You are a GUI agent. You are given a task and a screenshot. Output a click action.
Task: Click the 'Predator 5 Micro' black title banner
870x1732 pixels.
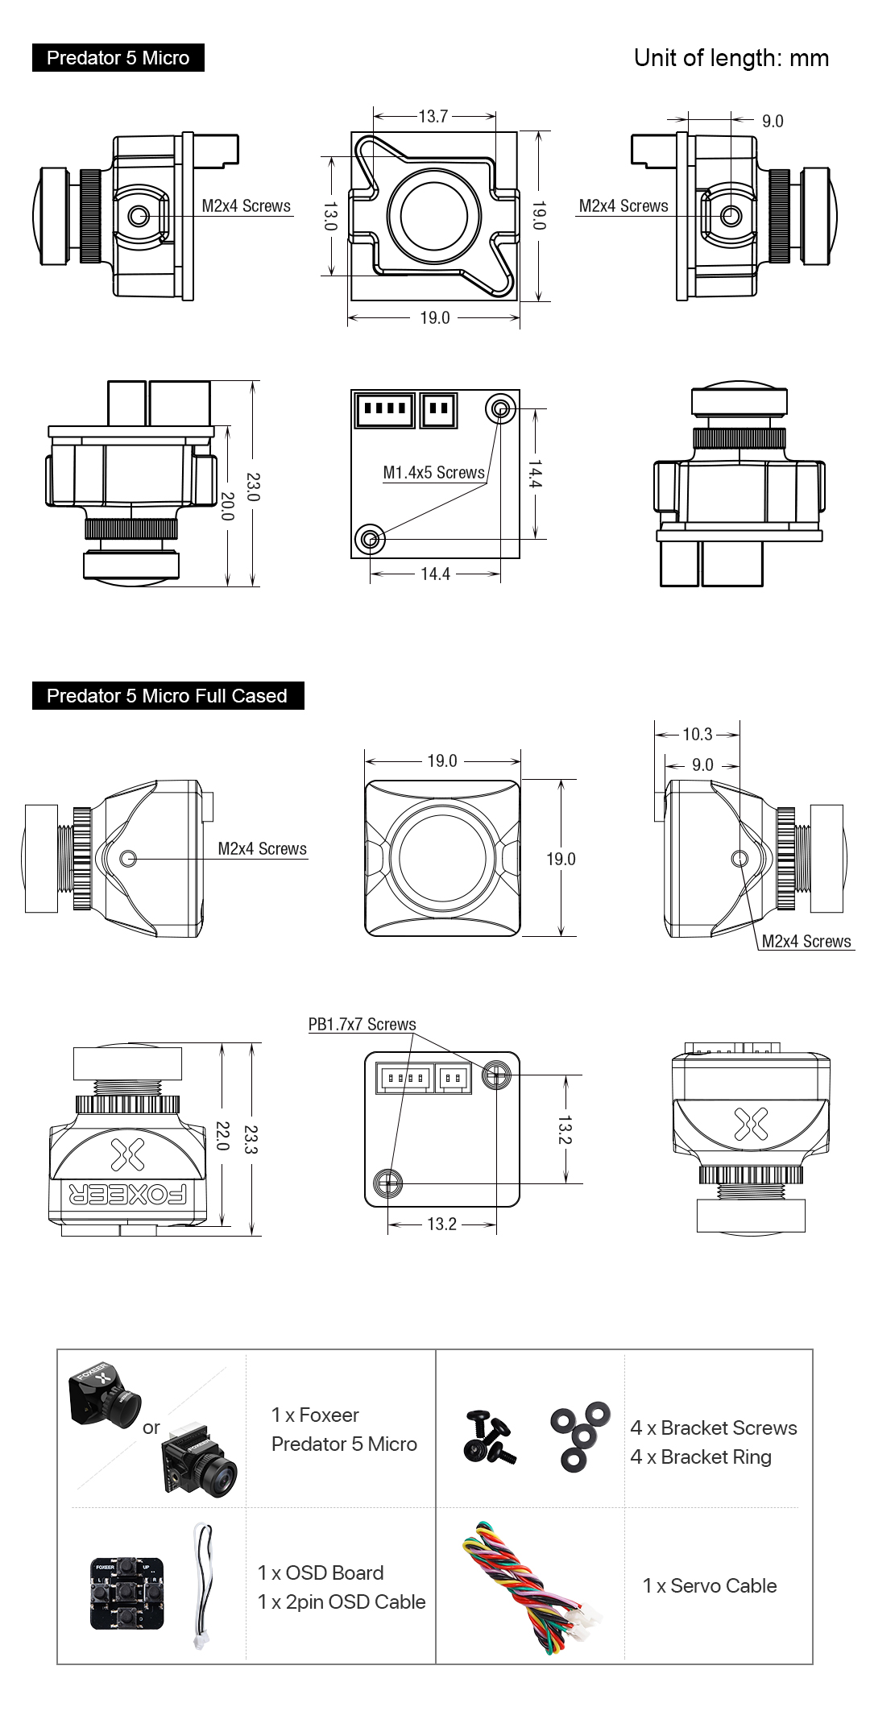pos(118,58)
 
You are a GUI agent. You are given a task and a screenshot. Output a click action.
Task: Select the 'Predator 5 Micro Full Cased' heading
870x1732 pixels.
pos(167,696)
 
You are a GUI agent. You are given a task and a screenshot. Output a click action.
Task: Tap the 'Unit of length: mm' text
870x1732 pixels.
pos(731,58)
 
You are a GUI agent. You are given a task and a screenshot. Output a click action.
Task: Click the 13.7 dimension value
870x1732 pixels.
pos(433,117)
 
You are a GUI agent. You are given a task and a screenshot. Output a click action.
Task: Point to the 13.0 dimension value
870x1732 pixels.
pos(329,216)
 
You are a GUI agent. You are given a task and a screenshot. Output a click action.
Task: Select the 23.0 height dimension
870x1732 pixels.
pos(253,487)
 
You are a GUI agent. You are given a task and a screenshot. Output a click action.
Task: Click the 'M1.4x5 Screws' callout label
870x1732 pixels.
pos(433,473)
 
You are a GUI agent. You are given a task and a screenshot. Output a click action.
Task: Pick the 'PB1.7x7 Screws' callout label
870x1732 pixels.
pos(362,1025)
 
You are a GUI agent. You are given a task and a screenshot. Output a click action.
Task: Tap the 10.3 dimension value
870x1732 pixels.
pos(697,735)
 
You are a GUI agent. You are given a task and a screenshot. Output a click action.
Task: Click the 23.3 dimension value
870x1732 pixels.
pos(251,1139)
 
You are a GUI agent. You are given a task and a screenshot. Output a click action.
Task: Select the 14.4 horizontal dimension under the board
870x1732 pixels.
pos(435,574)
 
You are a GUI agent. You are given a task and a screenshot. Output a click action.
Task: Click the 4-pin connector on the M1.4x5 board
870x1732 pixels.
pos(385,409)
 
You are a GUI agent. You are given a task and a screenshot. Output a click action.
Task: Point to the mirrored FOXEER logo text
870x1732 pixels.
pos(128,1194)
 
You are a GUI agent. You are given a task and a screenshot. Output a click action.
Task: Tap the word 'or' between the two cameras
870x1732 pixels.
pos(151,1428)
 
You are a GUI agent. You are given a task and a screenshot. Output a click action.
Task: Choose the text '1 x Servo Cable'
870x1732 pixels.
pos(710,1586)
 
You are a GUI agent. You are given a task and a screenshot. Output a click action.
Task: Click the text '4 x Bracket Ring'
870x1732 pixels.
pos(701,1457)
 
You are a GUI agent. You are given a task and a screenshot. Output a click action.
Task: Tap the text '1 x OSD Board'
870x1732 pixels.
pos(321,1572)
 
